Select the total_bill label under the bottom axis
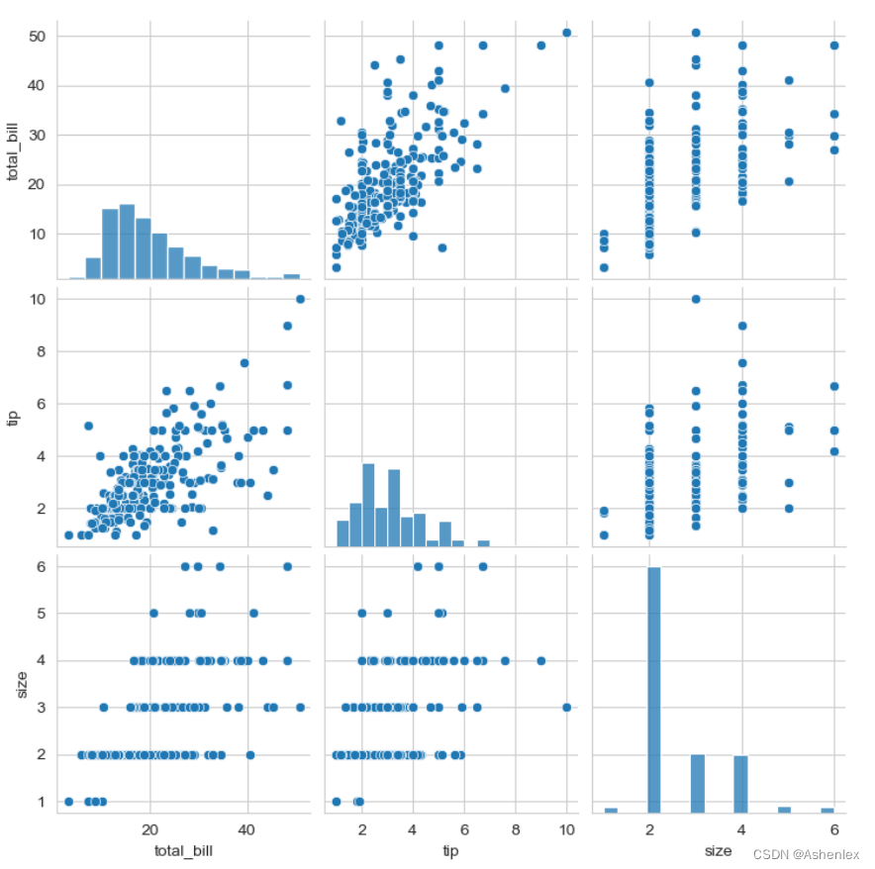click(x=184, y=850)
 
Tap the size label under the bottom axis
click(x=719, y=850)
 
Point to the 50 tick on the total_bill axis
click(x=36, y=37)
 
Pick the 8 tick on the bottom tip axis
click(x=516, y=827)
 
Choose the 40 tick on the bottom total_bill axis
click(x=246, y=827)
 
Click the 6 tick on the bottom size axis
click(x=834, y=827)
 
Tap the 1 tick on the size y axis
click(x=41, y=802)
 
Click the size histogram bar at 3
click(x=697, y=783)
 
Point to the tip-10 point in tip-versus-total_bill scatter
click(x=300, y=299)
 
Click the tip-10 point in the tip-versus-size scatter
click(x=696, y=299)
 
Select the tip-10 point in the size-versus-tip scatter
click(x=566, y=708)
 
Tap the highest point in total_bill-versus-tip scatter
click(x=566, y=33)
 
